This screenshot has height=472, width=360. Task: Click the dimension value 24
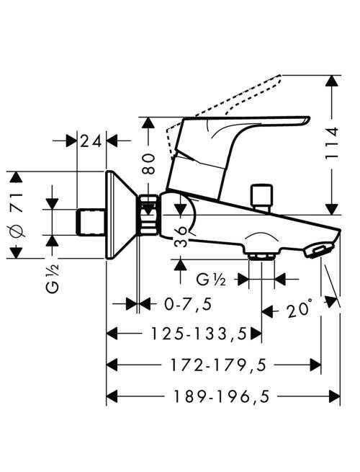(91, 141)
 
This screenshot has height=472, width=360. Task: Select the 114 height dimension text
(332, 143)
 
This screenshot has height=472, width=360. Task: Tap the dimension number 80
(148, 164)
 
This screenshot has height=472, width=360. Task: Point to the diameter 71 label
(17, 215)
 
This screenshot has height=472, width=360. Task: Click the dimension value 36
(181, 236)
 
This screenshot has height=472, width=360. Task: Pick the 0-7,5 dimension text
(188, 304)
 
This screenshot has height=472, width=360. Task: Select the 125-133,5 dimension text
(199, 334)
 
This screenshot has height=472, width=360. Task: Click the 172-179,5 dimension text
(219, 365)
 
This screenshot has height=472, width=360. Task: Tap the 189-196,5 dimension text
(221, 396)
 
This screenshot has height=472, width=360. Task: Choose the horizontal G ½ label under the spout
(211, 280)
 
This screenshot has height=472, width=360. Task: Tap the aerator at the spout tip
(320, 250)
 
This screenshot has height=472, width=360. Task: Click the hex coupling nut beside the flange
(148, 214)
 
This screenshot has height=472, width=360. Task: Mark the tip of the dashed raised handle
(281, 75)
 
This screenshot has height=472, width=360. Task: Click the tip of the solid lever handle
(310, 117)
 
